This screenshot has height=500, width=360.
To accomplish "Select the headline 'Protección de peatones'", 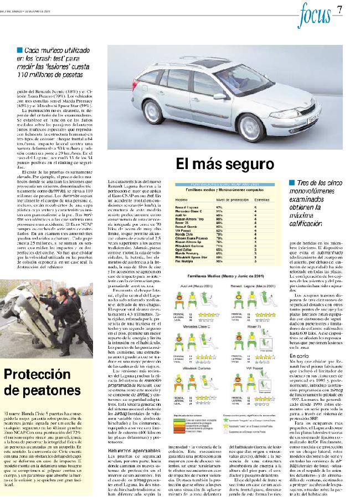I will [x=42, y=382].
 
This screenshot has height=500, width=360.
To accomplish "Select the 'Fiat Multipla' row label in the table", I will [x=185, y=261].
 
